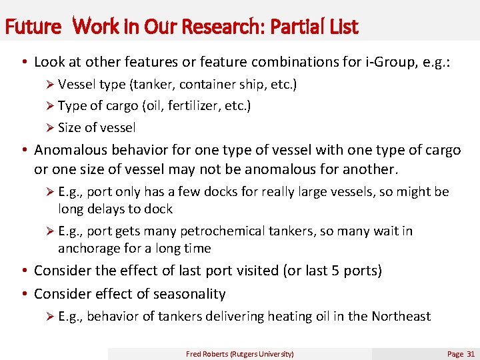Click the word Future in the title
[x=32, y=27]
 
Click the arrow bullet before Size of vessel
[x=50, y=127]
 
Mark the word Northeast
[x=401, y=316]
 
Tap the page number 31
[x=471, y=354]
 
